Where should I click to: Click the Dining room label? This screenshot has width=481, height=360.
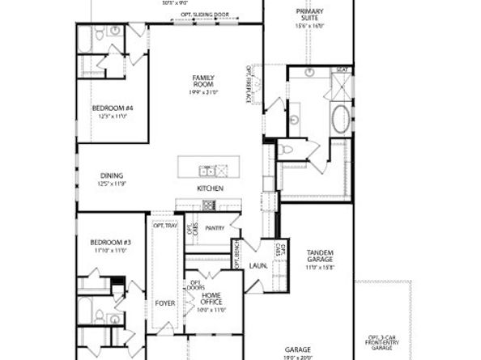tap(112, 179)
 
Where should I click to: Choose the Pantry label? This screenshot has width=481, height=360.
tap(215, 228)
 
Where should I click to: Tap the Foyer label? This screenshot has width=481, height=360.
tap(165, 303)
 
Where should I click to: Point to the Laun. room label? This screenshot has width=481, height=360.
tap(258, 265)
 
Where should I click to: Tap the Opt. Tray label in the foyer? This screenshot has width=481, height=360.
tap(164, 225)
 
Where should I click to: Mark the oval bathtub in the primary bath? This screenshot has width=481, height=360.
tap(340, 120)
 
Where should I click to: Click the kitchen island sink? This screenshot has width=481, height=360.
tap(207, 171)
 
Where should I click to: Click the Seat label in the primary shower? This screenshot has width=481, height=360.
tap(343, 70)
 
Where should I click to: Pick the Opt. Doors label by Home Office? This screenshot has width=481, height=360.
tap(195, 286)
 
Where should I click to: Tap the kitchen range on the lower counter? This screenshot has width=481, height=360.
tap(209, 205)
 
